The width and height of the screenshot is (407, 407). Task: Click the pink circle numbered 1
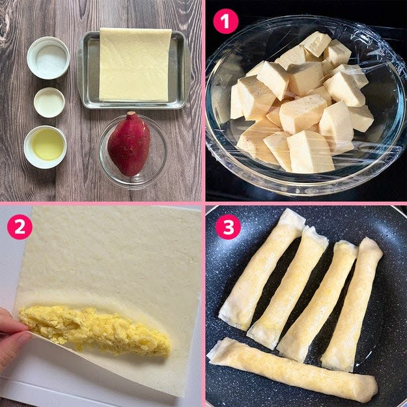click(x=225, y=21)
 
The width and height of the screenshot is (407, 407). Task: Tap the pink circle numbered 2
click(x=20, y=227)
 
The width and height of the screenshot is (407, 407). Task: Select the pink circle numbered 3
click(x=228, y=227)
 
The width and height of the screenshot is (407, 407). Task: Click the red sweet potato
click(x=129, y=145)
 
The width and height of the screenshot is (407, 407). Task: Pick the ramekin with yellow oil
click(x=45, y=147)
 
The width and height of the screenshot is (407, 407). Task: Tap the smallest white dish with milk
click(x=49, y=102)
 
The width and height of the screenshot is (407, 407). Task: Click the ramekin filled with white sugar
click(x=49, y=58)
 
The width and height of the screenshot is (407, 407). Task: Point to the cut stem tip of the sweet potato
click(x=131, y=113)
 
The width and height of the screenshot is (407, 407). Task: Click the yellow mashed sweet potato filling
click(x=95, y=330)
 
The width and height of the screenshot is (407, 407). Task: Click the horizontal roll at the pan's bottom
click(x=293, y=370)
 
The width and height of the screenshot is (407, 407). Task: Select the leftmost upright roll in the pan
click(x=262, y=269)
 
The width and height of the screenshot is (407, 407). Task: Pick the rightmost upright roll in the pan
click(x=352, y=303)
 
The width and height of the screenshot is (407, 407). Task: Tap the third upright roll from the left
click(x=317, y=301)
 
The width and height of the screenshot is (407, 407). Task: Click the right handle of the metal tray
click(x=187, y=70)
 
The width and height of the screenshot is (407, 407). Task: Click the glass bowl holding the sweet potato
click(x=133, y=152)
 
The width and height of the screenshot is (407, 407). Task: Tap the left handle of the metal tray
click(x=80, y=70)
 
